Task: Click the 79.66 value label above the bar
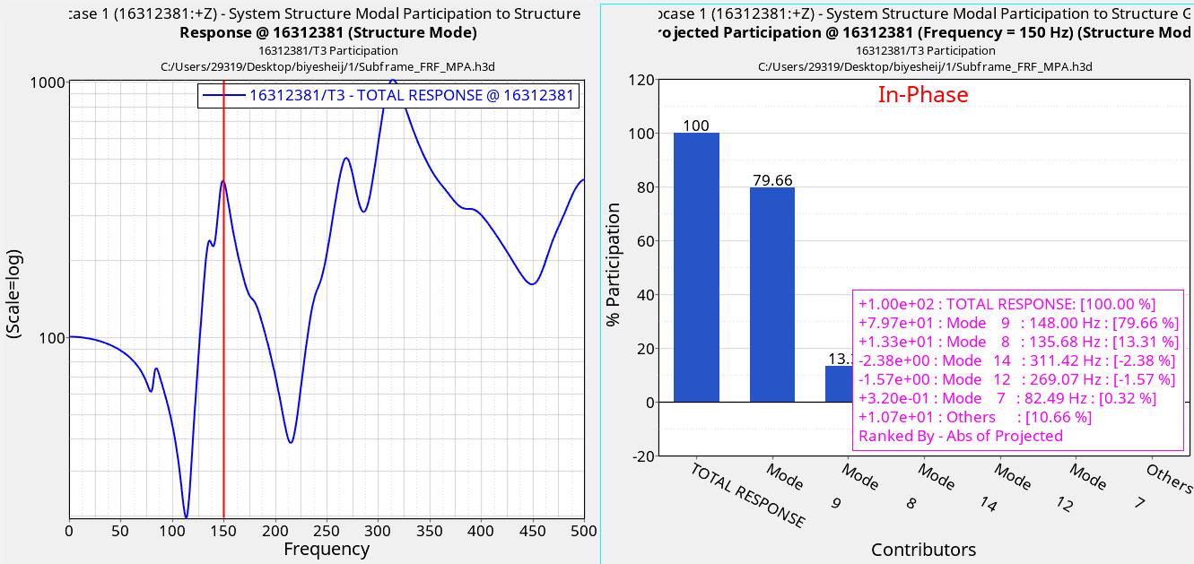click(772, 180)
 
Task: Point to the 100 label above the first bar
click(696, 126)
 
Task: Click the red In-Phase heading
click(923, 94)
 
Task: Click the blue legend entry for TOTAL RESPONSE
click(388, 95)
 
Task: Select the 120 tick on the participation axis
click(641, 80)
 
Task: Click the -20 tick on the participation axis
click(641, 456)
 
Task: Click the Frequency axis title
click(326, 549)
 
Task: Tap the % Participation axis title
click(614, 265)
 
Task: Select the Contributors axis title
click(923, 549)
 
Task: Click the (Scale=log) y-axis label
click(13, 294)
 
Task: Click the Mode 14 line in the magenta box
click(1016, 360)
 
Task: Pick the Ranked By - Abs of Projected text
click(960, 436)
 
